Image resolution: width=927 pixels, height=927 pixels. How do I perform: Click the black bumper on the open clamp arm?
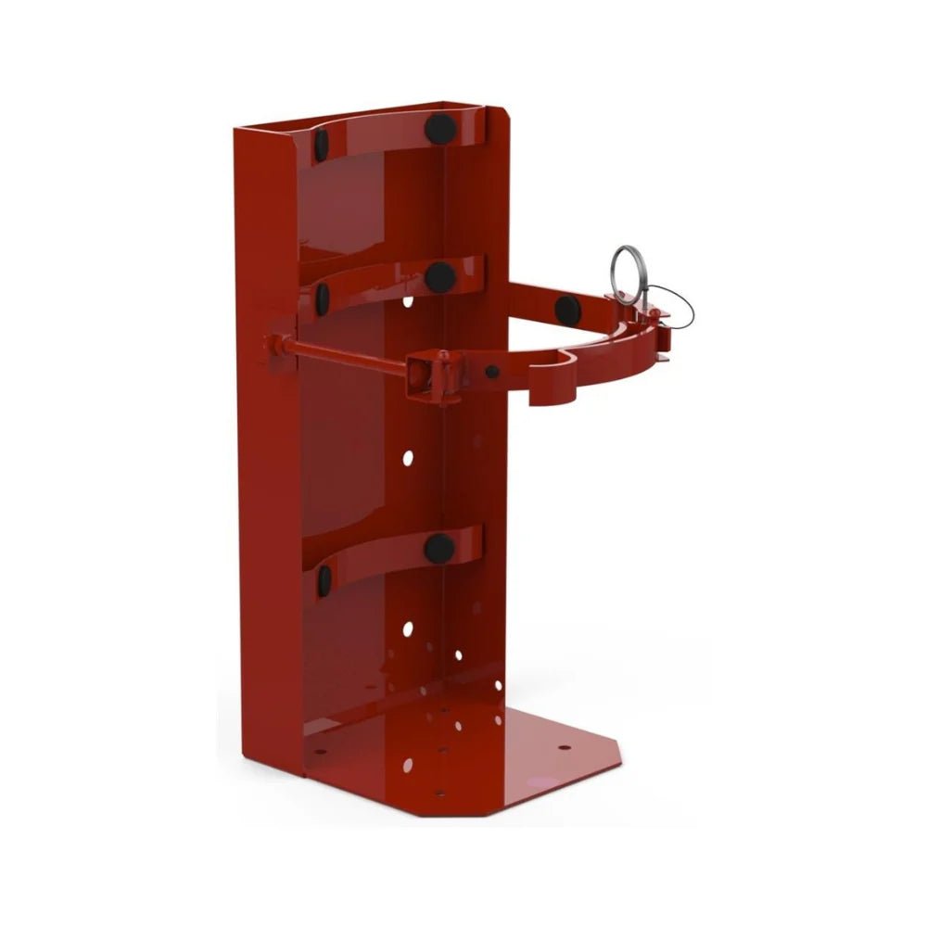(566, 308)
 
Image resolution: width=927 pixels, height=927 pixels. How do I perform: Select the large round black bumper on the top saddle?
(438, 127)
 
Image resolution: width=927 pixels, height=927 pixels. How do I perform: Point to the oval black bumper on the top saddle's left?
(322, 143)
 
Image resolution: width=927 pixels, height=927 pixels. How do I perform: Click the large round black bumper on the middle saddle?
(439, 276)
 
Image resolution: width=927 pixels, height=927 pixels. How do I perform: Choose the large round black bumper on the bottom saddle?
(439, 547)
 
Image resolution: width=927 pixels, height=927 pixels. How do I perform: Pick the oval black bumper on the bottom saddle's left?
(324, 580)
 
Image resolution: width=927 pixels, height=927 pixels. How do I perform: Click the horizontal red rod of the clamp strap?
(343, 353)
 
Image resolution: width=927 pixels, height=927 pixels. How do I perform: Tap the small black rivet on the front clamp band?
(492, 371)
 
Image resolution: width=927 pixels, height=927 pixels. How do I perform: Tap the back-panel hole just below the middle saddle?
(409, 302)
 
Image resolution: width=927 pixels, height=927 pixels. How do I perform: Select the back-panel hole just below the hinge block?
(408, 457)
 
